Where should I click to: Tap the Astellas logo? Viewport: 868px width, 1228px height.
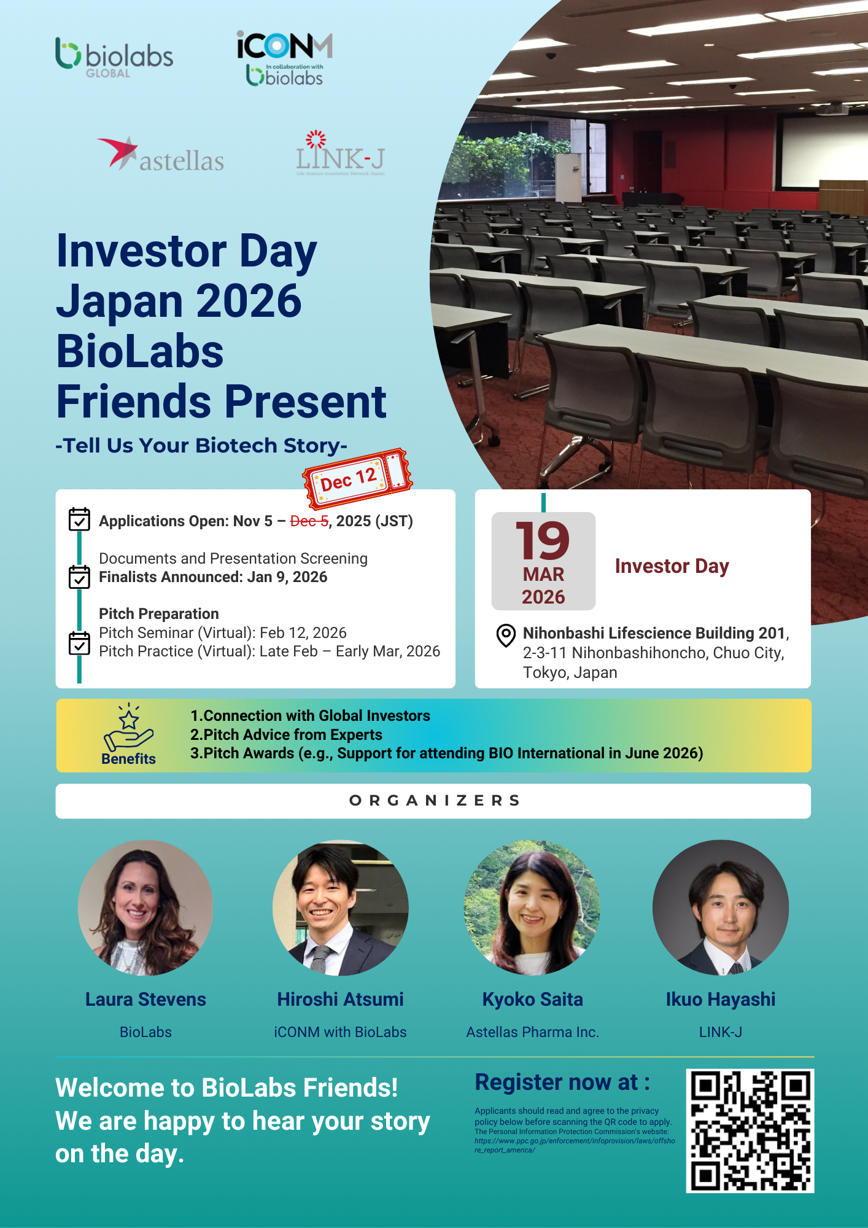pos(160,153)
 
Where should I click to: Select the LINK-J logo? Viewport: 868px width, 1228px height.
pos(340,153)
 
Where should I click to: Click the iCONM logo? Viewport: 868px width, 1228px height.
pos(285,58)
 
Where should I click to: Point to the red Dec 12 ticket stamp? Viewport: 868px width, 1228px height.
pos(357,479)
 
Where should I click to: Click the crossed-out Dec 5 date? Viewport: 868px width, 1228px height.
pos(309,521)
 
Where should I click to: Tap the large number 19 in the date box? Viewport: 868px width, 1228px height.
pos(543,540)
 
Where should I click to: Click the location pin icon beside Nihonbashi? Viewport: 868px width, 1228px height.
pos(506,635)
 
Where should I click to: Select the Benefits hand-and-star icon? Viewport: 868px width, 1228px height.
pos(128,728)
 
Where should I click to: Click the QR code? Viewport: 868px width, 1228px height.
pos(750,1131)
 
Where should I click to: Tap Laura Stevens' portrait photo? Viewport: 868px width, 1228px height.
pos(145,907)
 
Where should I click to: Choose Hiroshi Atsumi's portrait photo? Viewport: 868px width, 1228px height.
pos(340,907)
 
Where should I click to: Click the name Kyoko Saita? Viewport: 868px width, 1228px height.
pos(532,1000)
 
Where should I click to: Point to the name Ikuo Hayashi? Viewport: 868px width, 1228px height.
pos(721,1000)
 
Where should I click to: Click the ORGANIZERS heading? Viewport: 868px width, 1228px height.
pos(435,801)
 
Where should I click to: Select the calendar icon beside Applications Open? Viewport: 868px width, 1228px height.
pos(79,519)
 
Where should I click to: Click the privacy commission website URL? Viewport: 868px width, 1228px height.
pos(575,1145)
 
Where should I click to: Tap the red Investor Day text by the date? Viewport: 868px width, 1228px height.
pos(672,566)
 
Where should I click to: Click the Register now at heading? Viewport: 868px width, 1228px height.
pos(562,1082)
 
